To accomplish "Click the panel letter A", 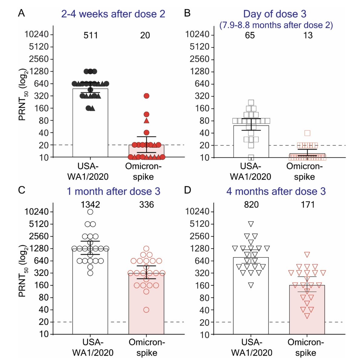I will [21, 13].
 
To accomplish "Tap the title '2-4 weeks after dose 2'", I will [113, 14].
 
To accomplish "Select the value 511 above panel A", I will [91, 35].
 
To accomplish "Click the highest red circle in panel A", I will [147, 96].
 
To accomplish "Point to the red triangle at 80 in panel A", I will [147, 121].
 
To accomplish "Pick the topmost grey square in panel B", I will [251, 103].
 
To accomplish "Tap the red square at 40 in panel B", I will [307, 133].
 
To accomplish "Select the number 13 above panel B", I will [308, 35].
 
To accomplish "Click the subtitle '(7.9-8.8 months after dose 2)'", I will [276, 25].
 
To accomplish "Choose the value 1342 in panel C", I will [90, 205].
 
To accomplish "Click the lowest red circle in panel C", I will [146, 310].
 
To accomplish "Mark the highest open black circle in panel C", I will [90, 212].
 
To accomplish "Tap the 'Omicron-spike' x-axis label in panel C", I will [147, 347].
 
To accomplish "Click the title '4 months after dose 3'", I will [276, 191].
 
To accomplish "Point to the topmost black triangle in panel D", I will [251, 224].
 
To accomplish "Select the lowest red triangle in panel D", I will [307, 316].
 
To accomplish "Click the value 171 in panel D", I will [308, 205].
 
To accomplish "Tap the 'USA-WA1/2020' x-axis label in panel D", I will [252, 347].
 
